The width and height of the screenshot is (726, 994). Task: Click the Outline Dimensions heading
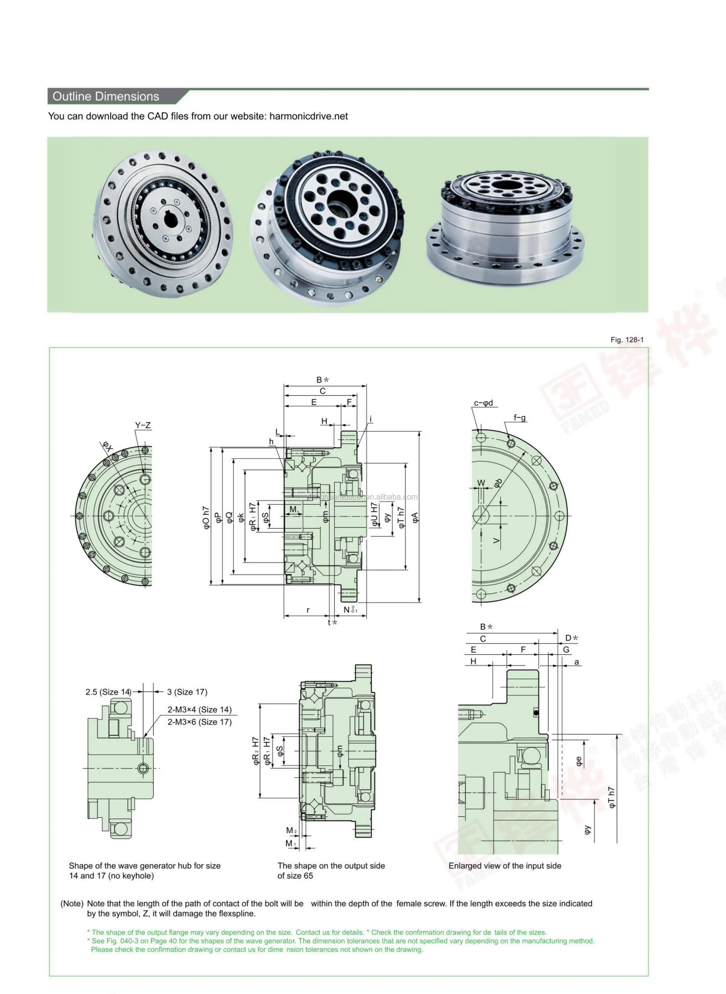click(x=106, y=97)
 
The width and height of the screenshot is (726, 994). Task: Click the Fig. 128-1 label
click(x=627, y=340)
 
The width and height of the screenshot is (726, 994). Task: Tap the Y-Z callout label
click(x=143, y=425)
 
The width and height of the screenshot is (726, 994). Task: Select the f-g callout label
click(x=520, y=418)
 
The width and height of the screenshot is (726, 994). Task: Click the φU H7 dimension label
click(x=374, y=514)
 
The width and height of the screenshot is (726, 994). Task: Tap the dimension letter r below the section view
click(x=308, y=610)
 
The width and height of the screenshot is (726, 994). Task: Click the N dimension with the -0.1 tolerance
click(x=350, y=609)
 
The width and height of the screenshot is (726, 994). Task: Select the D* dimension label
click(x=571, y=638)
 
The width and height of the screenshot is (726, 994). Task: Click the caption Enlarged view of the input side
click(x=505, y=866)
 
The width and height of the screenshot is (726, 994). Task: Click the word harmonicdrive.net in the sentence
click(x=309, y=117)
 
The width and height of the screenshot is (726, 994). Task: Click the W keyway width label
click(x=481, y=483)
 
